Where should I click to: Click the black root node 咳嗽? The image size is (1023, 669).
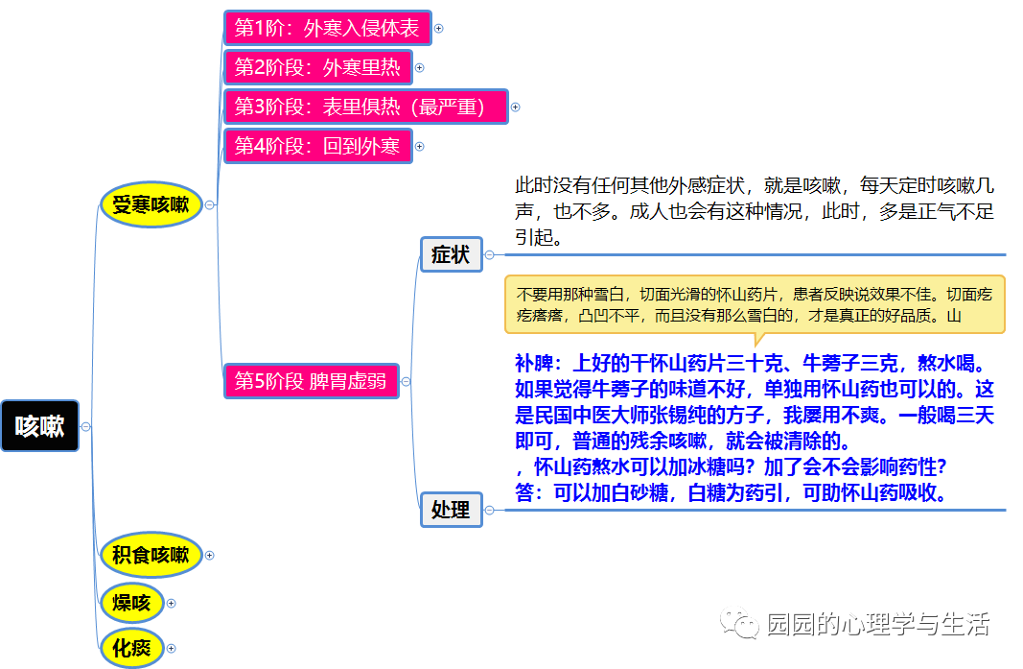pos(40,426)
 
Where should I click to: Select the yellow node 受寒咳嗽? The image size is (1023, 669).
pos(151,204)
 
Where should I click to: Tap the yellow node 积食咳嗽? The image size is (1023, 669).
pos(151,555)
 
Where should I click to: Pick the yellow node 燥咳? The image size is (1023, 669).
pos(131,603)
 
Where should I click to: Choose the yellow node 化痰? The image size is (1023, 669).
pos(131,648)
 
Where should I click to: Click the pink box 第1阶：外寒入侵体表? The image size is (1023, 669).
pos(327,28)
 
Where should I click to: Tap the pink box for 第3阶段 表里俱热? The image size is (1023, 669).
pos(364,107)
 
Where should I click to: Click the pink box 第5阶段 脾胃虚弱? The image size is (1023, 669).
pos(311,381)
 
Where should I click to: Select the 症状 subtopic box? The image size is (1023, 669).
pos(451,254)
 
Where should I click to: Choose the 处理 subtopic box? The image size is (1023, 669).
pos(451,510)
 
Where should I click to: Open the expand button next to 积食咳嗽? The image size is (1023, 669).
pos(210,555)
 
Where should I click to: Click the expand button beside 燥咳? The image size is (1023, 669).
pos(172,603)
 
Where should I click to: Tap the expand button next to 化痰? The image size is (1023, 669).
pos(172,648)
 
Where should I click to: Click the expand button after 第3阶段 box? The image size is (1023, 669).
pos(515,107)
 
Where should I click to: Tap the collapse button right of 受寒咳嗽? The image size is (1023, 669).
pos(210,204)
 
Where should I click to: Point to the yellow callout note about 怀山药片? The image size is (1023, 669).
pos(755,304)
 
